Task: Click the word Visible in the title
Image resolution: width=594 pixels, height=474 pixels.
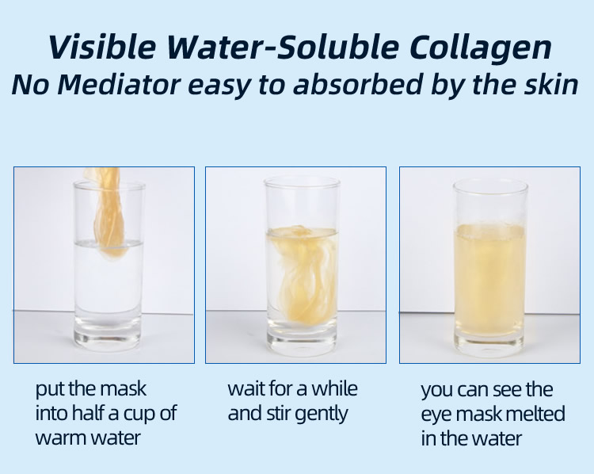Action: (102, 47)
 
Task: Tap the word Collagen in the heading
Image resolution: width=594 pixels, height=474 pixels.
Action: (481, 48)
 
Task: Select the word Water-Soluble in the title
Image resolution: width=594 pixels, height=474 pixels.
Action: (283, 47)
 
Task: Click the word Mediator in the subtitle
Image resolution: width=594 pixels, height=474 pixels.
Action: (119, 84)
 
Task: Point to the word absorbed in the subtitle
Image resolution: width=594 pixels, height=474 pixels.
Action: (358, 84)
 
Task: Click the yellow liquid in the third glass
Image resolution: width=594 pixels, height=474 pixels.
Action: (489, 279)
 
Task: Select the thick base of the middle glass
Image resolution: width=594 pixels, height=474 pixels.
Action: (302, 336)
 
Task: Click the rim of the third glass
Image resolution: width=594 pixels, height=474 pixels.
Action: (490, 185)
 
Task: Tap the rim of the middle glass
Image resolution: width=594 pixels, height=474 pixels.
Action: (302, 181)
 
